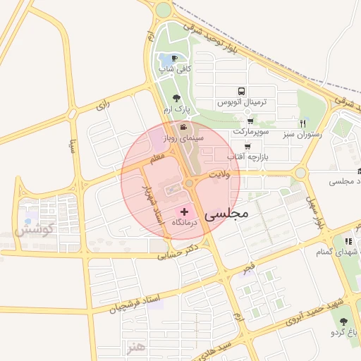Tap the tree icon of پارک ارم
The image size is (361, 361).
coord(176,99)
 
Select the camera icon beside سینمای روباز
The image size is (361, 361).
coord(183,128)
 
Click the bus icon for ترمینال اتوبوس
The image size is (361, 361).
coord(242,91)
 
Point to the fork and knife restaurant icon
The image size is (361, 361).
coord(302,123)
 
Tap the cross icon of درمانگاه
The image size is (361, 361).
coord(185,212)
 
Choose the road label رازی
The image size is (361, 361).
coord(104,105)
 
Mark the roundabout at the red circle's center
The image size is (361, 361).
coord(189,183)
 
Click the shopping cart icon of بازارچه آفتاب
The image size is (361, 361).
coord(230,145)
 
